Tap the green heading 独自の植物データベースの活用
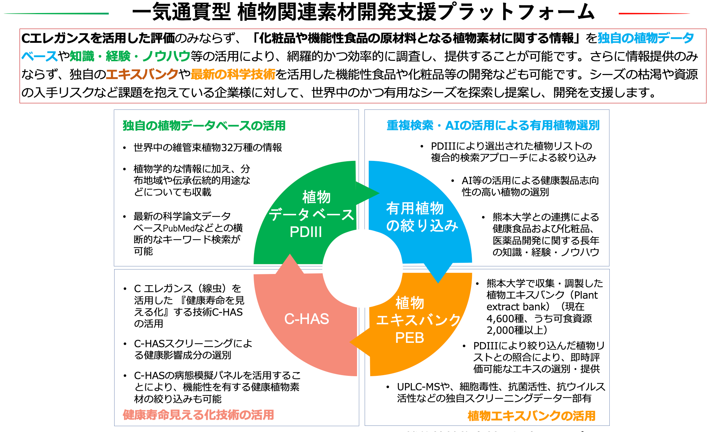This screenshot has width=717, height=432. point(204,125)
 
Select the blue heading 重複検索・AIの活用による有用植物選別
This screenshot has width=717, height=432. point(493,125)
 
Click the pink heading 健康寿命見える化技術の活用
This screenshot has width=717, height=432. point(198,415)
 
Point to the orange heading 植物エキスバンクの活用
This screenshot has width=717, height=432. point(531,416)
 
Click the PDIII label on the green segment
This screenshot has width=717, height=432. point(306,232)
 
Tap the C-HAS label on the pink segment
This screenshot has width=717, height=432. point(307,319)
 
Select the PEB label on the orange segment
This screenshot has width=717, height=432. point(410,338)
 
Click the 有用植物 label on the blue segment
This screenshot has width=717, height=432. point(415,208)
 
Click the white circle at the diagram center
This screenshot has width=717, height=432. point(362,268)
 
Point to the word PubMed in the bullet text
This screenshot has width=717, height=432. point(179,228)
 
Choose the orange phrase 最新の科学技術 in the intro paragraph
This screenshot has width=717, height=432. point(233,74)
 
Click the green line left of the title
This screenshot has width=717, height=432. point(56,13)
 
